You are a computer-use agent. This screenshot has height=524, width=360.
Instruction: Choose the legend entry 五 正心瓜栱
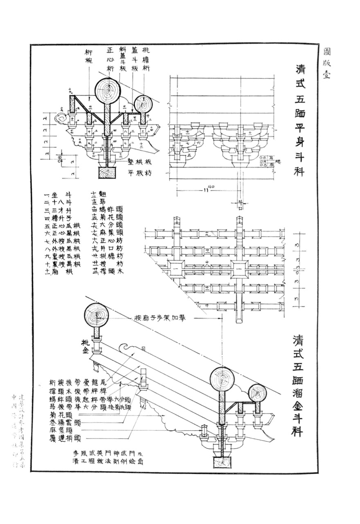click(x=63, y=226)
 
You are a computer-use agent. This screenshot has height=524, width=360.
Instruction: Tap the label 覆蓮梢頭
click(x=65, y=439)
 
